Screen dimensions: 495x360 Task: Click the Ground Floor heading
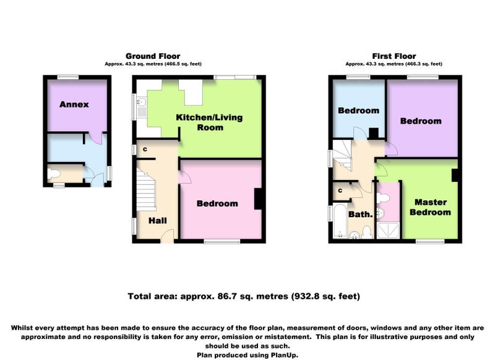153,56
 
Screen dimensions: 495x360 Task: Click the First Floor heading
394,56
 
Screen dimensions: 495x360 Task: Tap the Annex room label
74,105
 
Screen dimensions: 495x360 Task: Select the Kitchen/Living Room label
209,122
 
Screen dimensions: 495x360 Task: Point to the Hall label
158,221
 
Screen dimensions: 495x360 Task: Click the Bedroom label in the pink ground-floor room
217,204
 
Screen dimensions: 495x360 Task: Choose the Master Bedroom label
430,207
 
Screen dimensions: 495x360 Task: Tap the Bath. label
361,215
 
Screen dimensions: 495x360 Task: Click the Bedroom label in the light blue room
359,111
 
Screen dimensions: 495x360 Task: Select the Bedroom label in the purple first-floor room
421,121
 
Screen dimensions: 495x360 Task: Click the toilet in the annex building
54,174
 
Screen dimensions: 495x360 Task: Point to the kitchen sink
141,102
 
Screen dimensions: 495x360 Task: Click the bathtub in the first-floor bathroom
340,221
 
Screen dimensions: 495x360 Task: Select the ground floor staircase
146,189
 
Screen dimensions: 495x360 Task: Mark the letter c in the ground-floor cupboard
145,149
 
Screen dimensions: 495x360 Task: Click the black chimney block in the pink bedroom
258,199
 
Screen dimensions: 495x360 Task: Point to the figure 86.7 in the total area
226,296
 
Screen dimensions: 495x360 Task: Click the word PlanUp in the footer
284,355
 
